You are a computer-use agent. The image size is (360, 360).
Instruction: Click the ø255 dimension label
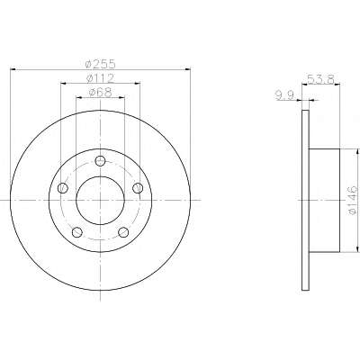pyautogui.click(x=100, y=64)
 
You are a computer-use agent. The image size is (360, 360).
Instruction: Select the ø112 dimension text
pyautogui.click(x=100, y=78)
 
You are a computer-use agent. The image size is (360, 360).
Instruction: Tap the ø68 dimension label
pyautogui.click(x=100, y=93)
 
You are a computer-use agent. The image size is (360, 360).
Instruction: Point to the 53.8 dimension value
pyautogui.click(x=320, y=80)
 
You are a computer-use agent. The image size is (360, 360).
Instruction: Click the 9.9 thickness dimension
pyautogui.click(x=284, y=95)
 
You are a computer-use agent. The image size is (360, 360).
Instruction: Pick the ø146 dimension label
pyautogui.click(x=353, y=200)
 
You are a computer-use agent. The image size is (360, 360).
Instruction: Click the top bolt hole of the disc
pyautogui.click(x=100, y=161)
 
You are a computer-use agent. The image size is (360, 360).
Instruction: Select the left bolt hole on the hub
pyautogui.click(x=63, y=188)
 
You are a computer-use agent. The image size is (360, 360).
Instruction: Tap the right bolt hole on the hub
pyautogui.click(x=138, y=188)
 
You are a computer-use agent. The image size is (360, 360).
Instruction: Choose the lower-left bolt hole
pyautogui.click(x=77, y=232)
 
